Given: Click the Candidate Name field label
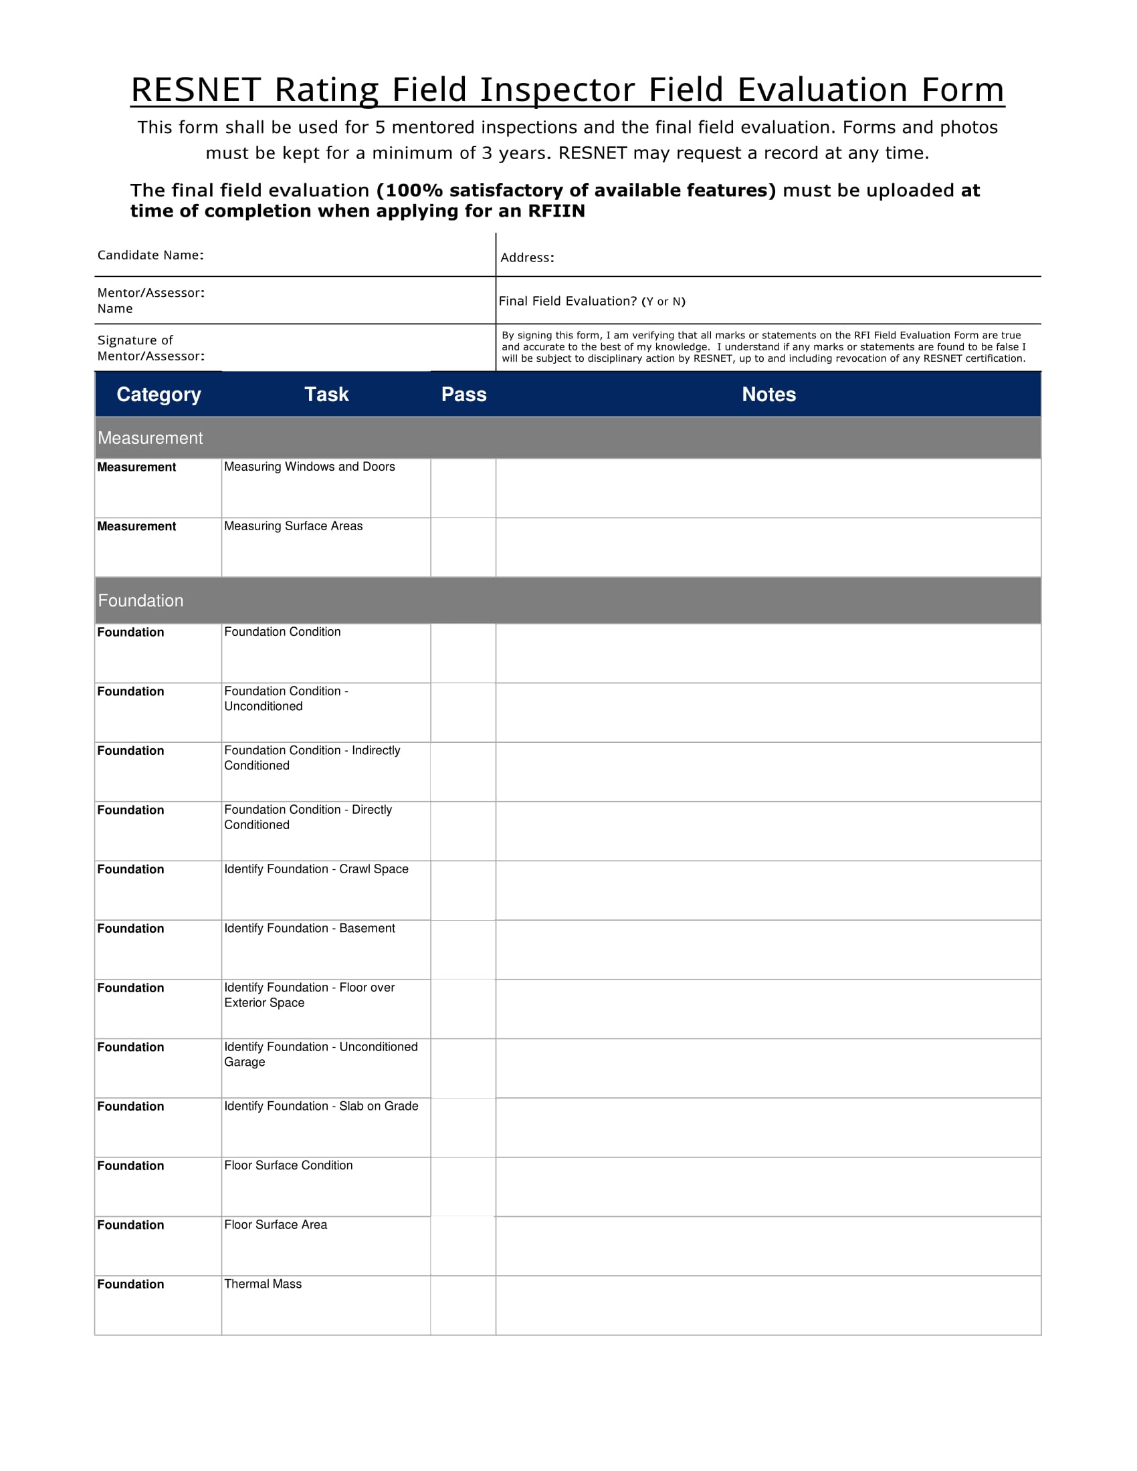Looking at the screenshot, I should [150, 255].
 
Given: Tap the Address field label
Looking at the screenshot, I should [527, 258].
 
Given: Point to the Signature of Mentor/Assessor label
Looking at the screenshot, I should [150, 348].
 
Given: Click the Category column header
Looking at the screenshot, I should [159, 394].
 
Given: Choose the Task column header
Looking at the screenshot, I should [326, 394].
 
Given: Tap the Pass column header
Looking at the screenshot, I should [463, 394].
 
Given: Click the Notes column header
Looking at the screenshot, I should [768, 394].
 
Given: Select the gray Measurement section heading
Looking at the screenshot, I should [150, 439].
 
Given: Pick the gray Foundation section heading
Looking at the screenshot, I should [140, 601].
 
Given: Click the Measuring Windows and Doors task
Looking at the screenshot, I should [309, 467].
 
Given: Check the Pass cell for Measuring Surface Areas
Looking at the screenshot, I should [463, 548].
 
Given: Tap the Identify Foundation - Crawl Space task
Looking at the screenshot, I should [316, 869].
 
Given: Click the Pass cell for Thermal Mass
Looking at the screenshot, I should [463, 1305].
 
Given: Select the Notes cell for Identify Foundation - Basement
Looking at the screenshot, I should [768, 949].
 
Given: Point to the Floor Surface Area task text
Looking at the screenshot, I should [276, 1224].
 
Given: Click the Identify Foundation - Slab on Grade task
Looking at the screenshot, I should [320, 1106].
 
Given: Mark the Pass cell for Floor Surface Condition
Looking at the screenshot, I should [463, 1187].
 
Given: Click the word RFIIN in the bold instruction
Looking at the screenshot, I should [556, 211].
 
